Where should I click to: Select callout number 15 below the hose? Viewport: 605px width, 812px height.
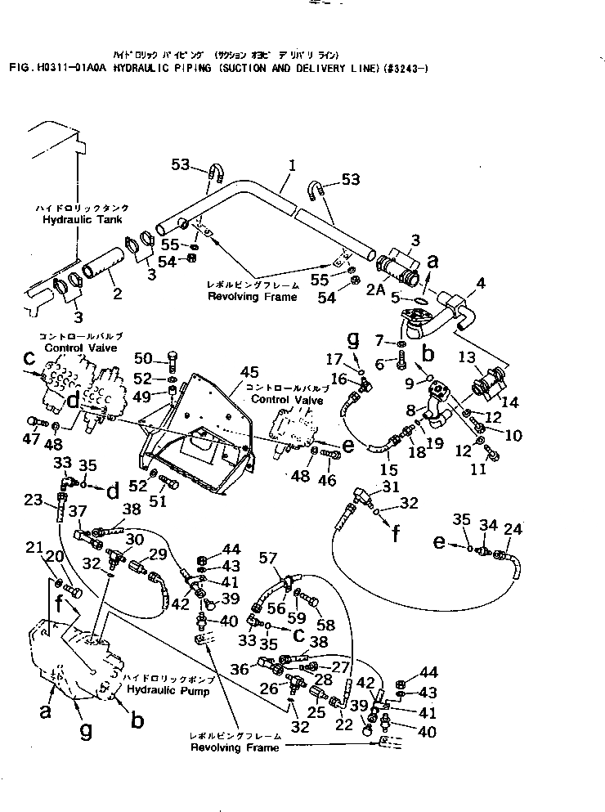[x=388, y=470]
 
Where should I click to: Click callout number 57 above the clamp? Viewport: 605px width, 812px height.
[x=267, y=559]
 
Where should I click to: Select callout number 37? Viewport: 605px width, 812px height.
[x=78, y=512]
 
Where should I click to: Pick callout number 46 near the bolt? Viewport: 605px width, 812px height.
[x=328, y=480]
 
